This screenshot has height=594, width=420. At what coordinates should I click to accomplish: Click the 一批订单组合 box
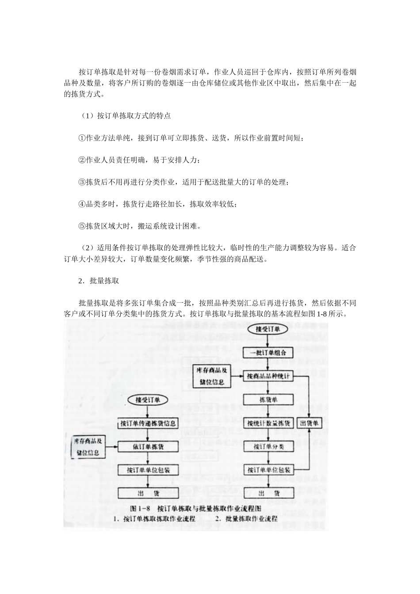pos(268,353)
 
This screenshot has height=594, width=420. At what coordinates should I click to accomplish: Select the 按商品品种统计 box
pos(268,376)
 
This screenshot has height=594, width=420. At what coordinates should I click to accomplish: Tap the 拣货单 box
pos(268,400)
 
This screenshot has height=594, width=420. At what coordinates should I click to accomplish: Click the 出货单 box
pos(309,423)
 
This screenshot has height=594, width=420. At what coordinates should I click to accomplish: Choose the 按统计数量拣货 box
pos(268,423)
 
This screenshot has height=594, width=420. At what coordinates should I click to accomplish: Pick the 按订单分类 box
pos(268,446)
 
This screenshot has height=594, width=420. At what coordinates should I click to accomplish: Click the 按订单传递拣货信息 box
pos(149,423)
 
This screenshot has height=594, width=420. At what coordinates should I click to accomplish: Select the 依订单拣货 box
pos(149,446)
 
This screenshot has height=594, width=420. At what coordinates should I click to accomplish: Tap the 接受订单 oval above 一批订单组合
pos(268,329)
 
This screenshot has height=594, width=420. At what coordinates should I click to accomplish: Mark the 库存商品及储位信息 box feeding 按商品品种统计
pos(212,376)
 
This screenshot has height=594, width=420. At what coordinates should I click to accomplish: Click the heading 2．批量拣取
pos(99,281)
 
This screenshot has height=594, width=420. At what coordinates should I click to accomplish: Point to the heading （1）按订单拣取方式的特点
pos(125,117)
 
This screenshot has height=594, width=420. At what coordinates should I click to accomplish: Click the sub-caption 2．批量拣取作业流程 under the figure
pos(247,518)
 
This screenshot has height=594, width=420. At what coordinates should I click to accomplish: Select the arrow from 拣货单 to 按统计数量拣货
pos(268,411)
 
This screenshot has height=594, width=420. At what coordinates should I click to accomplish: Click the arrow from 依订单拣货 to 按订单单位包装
pos(149,458)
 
